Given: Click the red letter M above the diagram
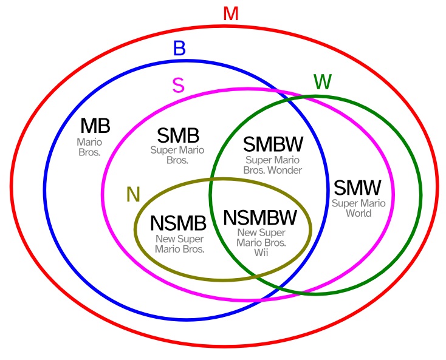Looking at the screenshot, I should pyautogui.click(x=230, y=13).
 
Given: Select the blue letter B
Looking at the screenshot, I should pyautogui.click(x=179, y=48).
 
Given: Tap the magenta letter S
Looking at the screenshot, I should pyautogui.click(x=178, y=86).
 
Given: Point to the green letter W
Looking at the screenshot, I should pyautogui.click(x=322, y=82).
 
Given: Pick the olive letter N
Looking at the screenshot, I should pyautogui.click(x=133, y=194).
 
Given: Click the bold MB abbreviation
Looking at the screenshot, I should pyautogui.click(x=95, y=126).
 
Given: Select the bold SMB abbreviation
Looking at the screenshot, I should pyautogui.click(x=178, y=135).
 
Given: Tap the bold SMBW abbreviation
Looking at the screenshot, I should pyautogui.click(x=273, y=144).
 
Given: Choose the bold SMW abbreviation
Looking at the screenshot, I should pyautogui.click(x=357, y=187).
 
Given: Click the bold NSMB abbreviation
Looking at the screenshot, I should pyautogui.click(x=178, y=223).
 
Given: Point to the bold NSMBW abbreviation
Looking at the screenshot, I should pyautogui.click(x=260, y=217).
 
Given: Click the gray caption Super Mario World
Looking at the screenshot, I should pyautogui.click(x=358, y=207).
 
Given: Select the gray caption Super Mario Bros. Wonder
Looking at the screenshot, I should pyautogui.click(x=273, y=165).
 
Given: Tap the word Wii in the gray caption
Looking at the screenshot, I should pyautogui.click(x=261, y=252).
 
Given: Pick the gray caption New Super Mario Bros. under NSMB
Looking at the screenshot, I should pyautogui.click(x=179, y=243).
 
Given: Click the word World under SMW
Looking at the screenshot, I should pyautogui.click(x=358, y=213).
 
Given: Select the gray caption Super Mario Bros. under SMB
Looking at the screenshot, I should pyautogui.click(x=177, y=155).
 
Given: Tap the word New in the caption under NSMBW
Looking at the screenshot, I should pyautogui.click(x=247, y=233).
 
